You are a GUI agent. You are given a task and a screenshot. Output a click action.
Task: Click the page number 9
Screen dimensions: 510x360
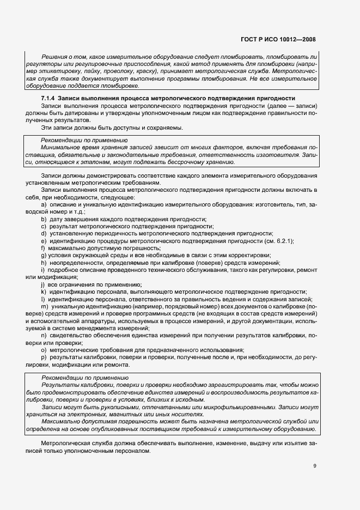tap(314, 465)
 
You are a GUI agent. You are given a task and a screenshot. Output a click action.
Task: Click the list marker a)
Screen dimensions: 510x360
tap(44, 204)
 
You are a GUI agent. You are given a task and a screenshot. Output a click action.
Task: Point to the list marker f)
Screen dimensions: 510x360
tap(44, 247)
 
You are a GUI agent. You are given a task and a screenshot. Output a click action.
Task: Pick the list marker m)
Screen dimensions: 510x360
tap(45, 307)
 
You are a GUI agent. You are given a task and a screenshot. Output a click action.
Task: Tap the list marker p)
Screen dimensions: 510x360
tap(44, 356)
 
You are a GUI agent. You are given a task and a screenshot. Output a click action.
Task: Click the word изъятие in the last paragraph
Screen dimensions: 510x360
tap(291, 445)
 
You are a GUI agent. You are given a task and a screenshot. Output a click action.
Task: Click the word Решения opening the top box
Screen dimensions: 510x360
tap(54, 57)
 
